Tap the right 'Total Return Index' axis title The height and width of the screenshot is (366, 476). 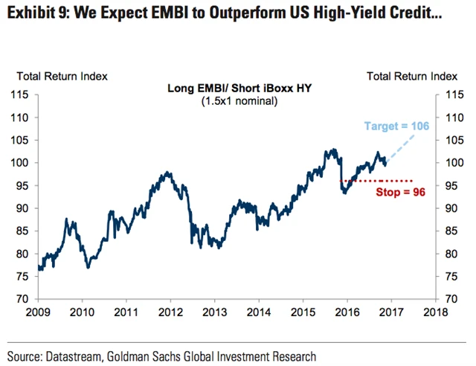pos(412,76)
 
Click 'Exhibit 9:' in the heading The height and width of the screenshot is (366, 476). pos(37,13)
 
